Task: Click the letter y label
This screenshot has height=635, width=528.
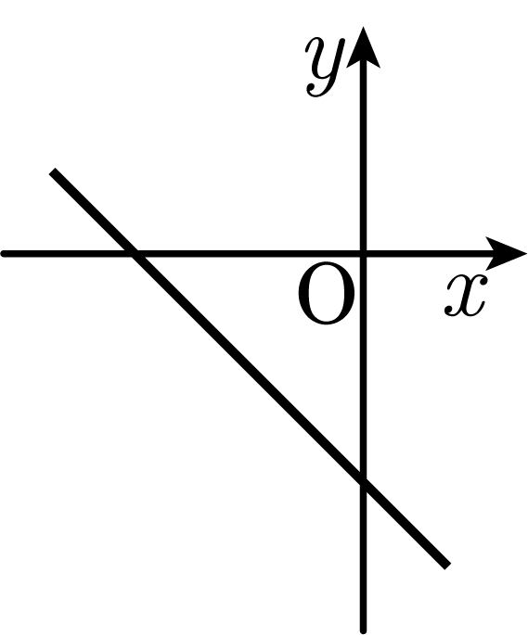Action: [x=324, y=68]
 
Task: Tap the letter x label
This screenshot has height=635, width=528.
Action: [x=465, y=295]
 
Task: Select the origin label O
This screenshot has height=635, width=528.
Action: [x=327, y=293]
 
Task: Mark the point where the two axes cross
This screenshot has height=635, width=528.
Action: [x=364, y=254]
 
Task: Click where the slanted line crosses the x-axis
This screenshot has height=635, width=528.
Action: [x=134, y=254]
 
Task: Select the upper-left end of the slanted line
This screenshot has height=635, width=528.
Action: [x=53, y=171]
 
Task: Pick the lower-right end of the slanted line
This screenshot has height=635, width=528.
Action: [x=447, y=565]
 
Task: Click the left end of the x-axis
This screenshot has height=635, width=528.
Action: [x=3, y=254]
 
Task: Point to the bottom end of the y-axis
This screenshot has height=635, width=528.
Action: [x=364, y=631]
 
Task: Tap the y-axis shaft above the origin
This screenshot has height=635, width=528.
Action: [x=364, y=158]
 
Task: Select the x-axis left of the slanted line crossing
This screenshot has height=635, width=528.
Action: [x=67, y=254]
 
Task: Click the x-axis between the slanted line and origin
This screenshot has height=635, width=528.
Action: [x=249, y=254]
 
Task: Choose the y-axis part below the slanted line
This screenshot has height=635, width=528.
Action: [x=364, y=558]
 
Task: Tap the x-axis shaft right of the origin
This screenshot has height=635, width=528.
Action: [x=426, y=254]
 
